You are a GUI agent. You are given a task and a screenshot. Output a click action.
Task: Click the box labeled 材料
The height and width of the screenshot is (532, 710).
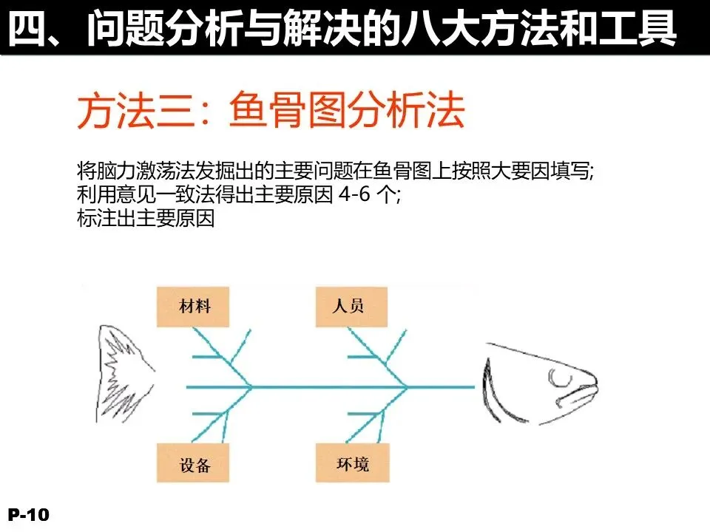tap(192, 305)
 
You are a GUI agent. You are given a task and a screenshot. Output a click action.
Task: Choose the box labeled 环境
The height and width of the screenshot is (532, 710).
tap(351, 463)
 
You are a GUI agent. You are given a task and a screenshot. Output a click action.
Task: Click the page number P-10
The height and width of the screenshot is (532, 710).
tap(28, 515)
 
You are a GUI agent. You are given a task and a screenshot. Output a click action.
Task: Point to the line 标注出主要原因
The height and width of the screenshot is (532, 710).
tap(145, 219)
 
